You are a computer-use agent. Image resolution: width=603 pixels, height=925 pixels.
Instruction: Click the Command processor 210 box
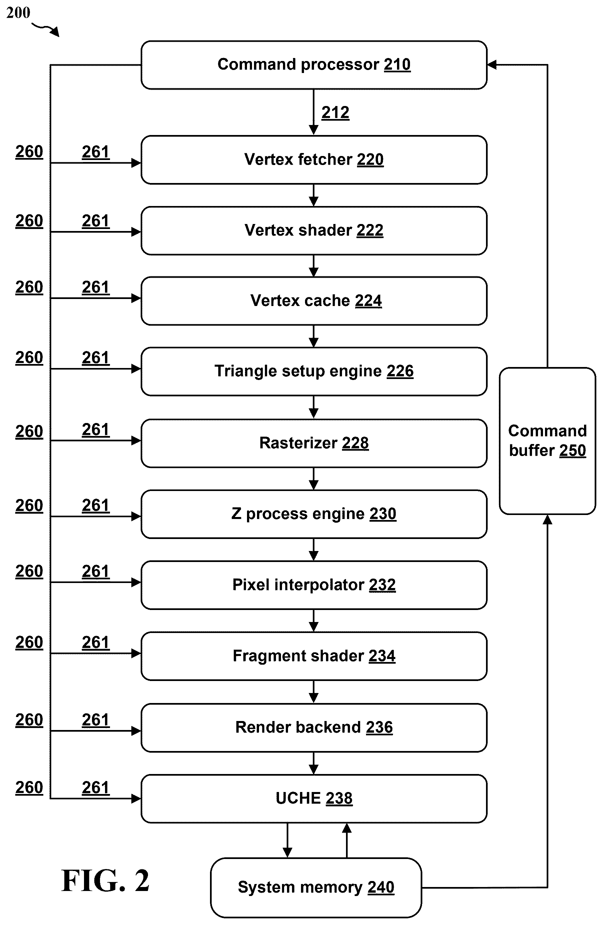[314, 65]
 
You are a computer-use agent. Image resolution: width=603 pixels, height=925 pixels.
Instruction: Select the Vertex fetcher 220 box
[314, 160]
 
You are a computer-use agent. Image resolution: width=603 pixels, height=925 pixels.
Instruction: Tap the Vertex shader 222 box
[314, 230]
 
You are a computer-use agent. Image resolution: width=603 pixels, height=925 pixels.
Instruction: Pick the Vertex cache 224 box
[314, 301]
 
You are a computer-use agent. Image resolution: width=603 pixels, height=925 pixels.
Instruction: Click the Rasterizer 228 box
[314, 443]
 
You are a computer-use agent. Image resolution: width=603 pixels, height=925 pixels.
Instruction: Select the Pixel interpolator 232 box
[314, 585]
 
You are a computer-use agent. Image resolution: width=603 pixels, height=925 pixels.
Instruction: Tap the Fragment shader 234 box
[314, 656]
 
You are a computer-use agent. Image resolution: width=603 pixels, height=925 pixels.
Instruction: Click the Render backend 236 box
[314, 728]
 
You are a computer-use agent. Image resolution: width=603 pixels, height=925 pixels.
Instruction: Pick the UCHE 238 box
[314, 799]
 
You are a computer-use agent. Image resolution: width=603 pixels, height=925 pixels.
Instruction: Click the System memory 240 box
[316, 888]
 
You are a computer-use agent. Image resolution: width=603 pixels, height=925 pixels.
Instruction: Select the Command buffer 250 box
[547, 441]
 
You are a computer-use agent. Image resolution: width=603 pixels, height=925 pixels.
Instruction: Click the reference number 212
[335, 113]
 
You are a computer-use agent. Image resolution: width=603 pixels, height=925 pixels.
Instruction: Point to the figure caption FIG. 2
[105, 881]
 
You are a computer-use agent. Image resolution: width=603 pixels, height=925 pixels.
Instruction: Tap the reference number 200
[18, 12]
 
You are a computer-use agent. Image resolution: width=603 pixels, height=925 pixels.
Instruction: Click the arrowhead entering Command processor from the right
[491, 65]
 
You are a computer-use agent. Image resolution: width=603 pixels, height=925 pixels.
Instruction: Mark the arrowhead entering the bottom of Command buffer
[547, 519]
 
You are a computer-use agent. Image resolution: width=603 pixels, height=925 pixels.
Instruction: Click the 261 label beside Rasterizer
[96, 430]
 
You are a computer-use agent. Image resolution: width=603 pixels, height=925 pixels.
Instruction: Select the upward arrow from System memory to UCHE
[347, 841]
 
